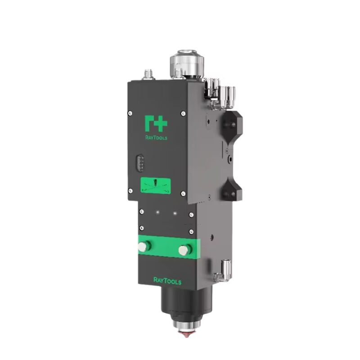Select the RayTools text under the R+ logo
pyautogui.click(x=156, y=138)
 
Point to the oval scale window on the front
pyautogui.click(x=139, y=163)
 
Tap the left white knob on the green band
pyautogui.click(x=143, y=246)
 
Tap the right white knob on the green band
pyautogui.click(x=184, y=250)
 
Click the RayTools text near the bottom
pyautogui.click(x=167, y=281)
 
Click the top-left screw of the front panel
pyautogui.click(x=130, y=113)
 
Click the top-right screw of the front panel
pyautogui.click(x=183, y=113)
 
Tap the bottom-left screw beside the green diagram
pyautogui.click(x=130, y=192)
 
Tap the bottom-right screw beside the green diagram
pyautogui.click(x=183, y=193)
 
